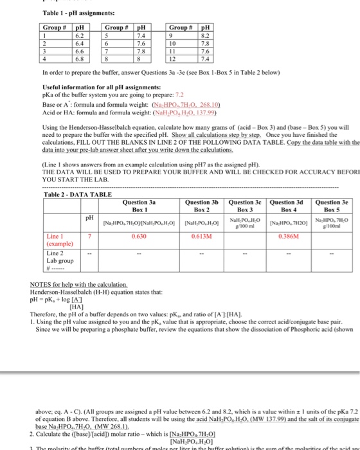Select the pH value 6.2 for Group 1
click(x=80, y=36)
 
